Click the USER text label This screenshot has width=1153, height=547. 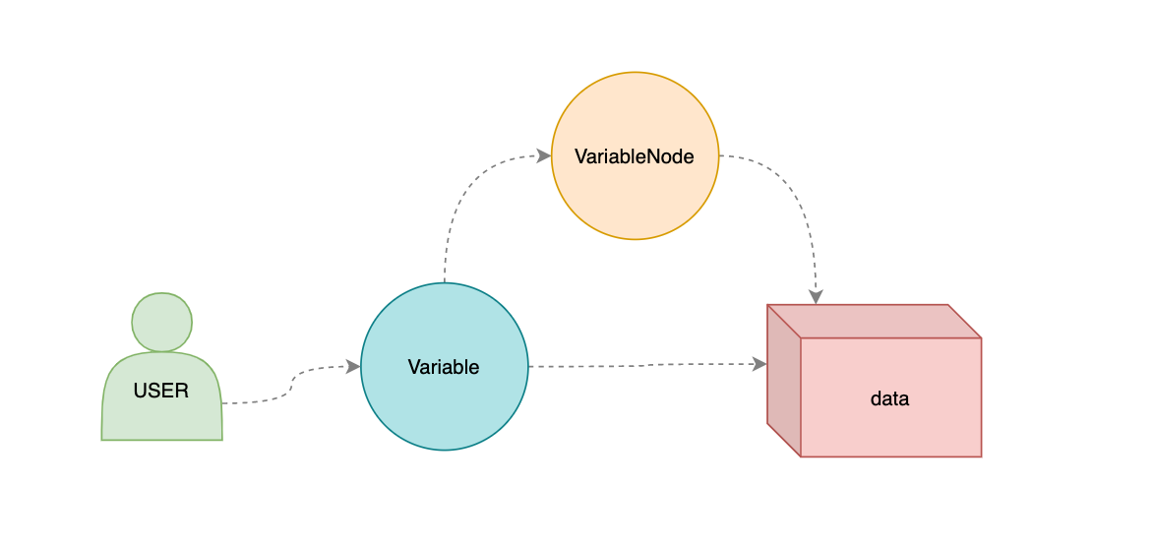160,391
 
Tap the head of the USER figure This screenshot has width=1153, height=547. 161,322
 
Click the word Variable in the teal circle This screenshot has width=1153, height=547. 444,367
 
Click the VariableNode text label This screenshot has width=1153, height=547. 635,155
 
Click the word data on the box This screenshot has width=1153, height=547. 890,399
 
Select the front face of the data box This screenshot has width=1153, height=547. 890,428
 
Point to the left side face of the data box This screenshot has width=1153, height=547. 784,384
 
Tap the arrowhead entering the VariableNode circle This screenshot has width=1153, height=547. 544,155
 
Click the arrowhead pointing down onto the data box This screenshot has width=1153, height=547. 815,296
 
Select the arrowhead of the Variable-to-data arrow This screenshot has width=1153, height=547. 759,364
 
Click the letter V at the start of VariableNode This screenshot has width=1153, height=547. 580,155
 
